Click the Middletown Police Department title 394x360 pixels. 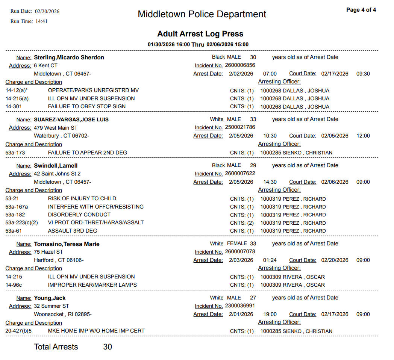[x=202, y=14]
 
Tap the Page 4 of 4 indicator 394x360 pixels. [x=361, y=10]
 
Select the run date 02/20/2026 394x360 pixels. [x=47, y=11]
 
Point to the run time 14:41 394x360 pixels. [x=41, y=21]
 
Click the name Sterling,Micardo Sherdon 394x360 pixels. [x=69, y=57]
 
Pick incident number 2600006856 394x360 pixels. [x=240, y=65]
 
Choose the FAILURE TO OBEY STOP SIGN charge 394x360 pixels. [x=87, y=106]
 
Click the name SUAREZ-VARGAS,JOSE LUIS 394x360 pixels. [x=71, y=119]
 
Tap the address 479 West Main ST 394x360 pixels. [x=56, y=128]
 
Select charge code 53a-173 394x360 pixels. [x=15, y=153]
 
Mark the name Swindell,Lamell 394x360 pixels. [x=56, y=166]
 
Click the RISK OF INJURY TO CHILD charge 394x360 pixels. [x=82, y=198]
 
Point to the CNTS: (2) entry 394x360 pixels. [x=242, y=223]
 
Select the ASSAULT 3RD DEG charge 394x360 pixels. [x=73, y=231]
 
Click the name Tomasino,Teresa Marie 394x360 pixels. [x=67, y=244]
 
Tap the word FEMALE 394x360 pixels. [x=237, y=244]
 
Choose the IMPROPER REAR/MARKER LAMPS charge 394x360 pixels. [x=92, y=285]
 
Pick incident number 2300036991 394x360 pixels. [x=240, y=306]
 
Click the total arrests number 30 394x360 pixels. [x=108, y=347]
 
